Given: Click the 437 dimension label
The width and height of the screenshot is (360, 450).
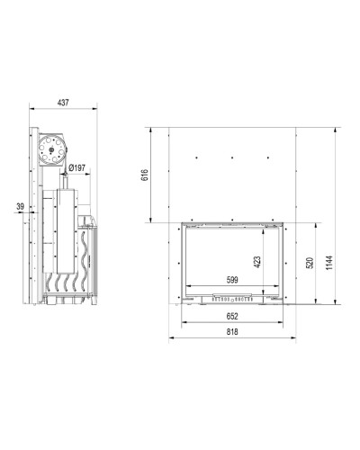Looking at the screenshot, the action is point(63,103).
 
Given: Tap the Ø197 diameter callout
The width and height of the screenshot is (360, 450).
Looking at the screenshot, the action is point(76,168).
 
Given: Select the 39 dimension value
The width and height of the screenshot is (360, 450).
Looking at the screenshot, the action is point(20,206).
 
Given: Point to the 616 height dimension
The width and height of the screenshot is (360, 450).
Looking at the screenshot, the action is point(145,175).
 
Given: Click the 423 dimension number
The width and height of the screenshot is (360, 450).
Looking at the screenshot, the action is point(257,262).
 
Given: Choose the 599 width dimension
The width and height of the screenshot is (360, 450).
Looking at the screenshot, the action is point(232,280).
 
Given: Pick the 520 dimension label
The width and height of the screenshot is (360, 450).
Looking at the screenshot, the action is point(310,263).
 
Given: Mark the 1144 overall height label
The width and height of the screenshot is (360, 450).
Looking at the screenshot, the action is point(329,263).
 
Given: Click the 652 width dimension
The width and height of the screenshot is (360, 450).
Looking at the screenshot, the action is point(232,316).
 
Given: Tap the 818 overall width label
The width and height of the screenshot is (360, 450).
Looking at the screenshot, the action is point(232,332).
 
